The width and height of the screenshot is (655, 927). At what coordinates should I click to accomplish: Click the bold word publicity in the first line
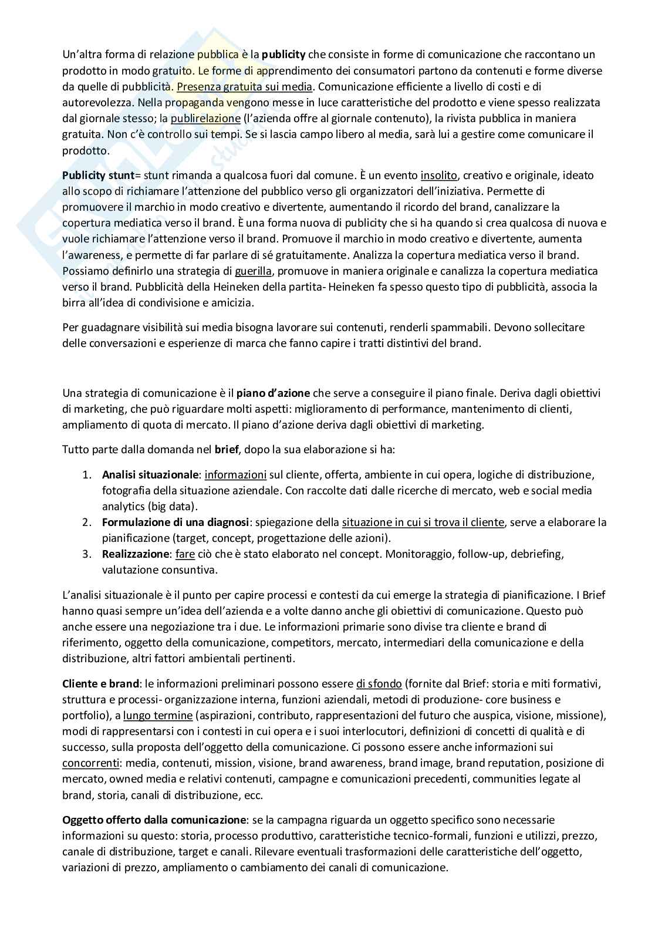point(283,55)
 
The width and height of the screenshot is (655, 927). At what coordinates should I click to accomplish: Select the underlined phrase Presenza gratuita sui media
point(245,87)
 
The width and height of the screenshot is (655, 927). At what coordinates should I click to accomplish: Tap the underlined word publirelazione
point(205,119)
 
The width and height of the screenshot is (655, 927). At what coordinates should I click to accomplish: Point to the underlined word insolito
point(438,176)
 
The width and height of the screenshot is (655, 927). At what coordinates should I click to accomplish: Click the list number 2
point(86,522)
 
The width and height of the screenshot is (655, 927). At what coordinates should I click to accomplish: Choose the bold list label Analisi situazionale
point(151,474)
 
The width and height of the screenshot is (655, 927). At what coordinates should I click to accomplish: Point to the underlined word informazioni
point(235,474)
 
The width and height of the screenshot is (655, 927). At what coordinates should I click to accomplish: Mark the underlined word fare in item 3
point(185,554)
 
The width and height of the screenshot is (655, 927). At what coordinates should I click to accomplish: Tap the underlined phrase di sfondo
point(379,684)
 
